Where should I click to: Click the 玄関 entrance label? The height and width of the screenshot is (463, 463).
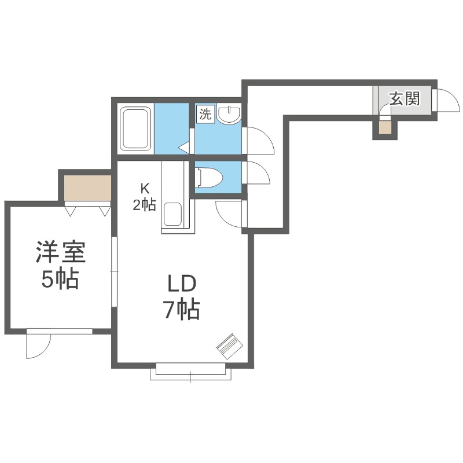404,99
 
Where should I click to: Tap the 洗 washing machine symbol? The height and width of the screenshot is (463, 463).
205,113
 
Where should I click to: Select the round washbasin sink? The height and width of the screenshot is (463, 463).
230,115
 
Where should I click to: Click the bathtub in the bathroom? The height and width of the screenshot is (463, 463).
135,128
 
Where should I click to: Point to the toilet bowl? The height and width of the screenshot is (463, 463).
207,177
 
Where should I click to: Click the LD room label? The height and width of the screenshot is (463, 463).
182,284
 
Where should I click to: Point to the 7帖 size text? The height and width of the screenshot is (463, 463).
181,310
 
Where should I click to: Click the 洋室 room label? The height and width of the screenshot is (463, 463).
60,253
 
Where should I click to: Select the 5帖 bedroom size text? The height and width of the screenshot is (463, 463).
60,280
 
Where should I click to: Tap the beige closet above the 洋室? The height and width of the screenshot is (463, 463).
87,187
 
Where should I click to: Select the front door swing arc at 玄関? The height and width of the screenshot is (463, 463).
447,100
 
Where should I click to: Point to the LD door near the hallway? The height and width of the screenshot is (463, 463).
229,213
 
